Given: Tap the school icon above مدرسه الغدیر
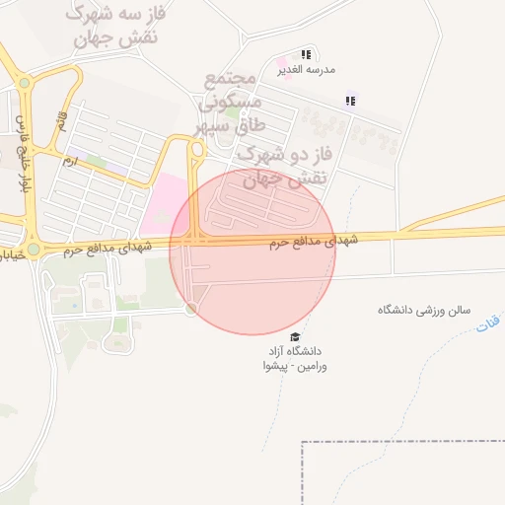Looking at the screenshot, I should pos(306,54).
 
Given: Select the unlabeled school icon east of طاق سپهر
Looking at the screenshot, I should pos(349,100).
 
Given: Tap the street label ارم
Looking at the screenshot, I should pos(68,160).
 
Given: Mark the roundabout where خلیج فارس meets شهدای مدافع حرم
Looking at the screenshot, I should pos(34,250).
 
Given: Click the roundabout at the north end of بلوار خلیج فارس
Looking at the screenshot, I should pos(23,84).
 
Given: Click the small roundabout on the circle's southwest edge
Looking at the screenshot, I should pos(191,310).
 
